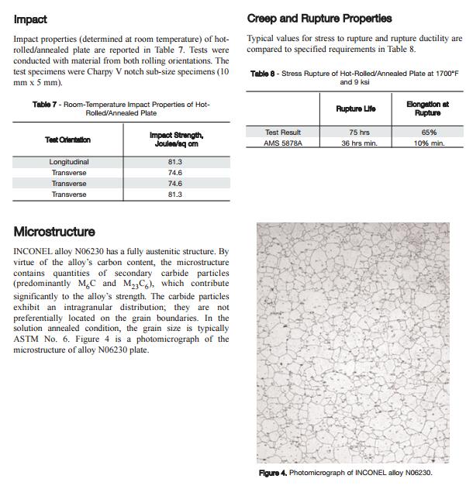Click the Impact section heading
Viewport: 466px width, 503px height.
tap(30, 19)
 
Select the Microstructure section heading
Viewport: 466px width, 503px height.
tap(54, 232)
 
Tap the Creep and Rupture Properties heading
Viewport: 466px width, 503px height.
tap(319, 18)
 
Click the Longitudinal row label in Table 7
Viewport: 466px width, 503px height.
tap(68, 162)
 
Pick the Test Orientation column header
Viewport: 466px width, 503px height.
tap(67, 140)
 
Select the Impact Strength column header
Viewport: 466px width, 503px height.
tap(176, 140)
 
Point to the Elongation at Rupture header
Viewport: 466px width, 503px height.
tap(427, 109)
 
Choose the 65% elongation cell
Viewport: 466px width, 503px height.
tap(428, 133)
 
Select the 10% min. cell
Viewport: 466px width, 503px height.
tap(428, 143)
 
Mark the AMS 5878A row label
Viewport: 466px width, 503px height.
tap(282, 143)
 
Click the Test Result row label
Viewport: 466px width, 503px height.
tap(282, 133)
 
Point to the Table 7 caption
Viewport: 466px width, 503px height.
tap(121, 109)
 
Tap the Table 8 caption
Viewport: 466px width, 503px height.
tap(354, 78)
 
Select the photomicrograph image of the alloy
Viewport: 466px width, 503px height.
tap(353, 343)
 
